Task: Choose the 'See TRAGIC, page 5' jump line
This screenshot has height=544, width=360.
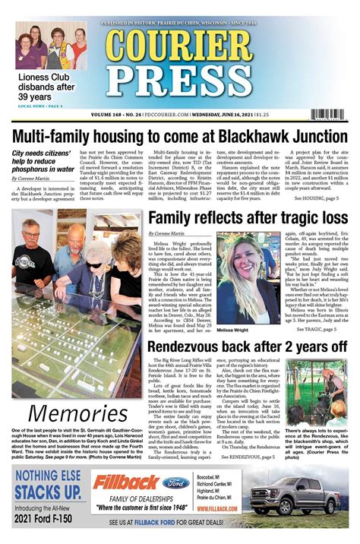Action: tap(320, 329)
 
